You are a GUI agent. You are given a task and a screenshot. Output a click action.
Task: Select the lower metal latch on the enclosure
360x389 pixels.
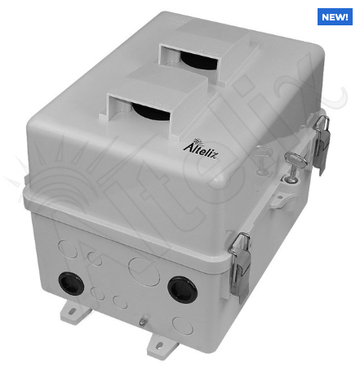coord(241,261)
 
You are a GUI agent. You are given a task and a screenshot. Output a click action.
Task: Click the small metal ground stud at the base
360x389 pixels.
coord(142,324)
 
